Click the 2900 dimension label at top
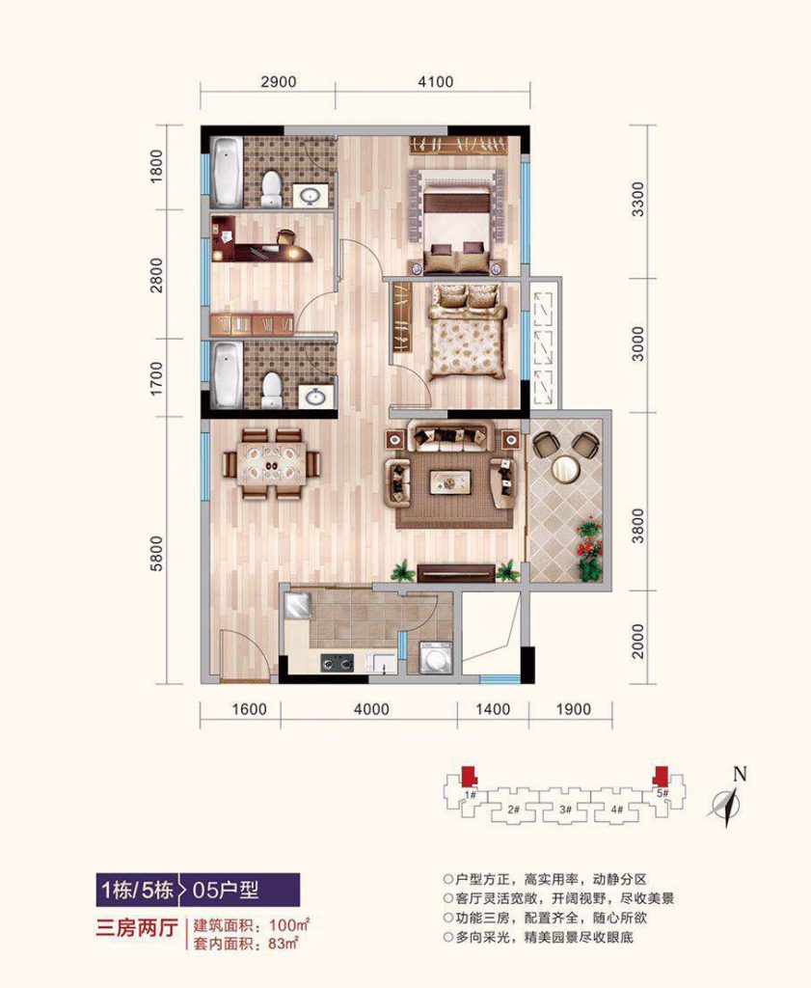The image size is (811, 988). click(279, 82)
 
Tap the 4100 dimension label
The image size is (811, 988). click(436, 82)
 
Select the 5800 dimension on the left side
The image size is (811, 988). click(156, 553)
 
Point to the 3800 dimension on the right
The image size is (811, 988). click(637, 526)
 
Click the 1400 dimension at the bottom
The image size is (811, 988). click(493, 709)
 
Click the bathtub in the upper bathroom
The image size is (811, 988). click(226, 172)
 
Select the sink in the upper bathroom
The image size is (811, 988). click(311, 196)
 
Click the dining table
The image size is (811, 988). click(271, 464)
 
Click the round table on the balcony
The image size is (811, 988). click(565, 468)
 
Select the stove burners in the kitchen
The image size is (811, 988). click(338, 662)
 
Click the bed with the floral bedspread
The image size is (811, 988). click(467, 332)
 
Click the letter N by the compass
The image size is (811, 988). click(740, 774)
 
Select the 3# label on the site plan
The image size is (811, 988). click(565, 810)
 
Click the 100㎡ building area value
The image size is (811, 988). click(289, 925)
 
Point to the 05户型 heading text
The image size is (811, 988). click(226, 891)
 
